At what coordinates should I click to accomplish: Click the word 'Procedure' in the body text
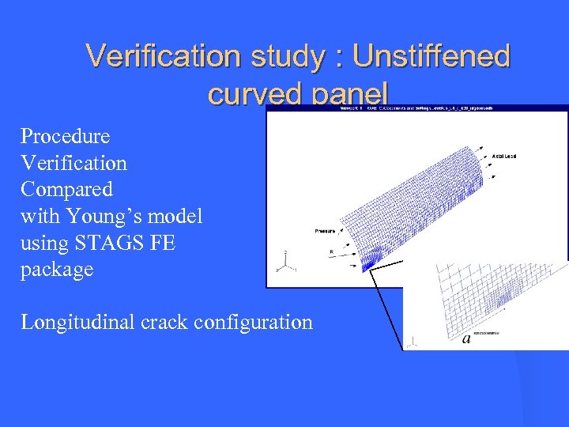[x=65, y=136]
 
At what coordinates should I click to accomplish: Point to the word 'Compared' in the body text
[x=66, y=189]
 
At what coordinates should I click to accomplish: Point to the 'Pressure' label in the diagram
[x=325, y=232]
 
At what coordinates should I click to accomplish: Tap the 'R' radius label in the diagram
[x=332, y=252]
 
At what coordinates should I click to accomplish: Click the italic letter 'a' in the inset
[x=466, y=338]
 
